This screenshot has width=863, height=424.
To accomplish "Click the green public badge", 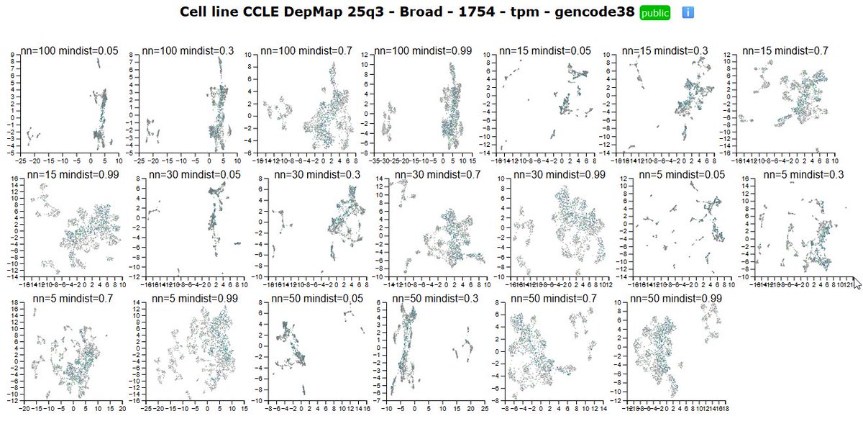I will [x=654, y=13].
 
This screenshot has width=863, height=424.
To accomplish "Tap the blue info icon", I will [x=687, y=13].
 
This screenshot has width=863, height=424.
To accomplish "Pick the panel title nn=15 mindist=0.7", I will [x=785, y=51].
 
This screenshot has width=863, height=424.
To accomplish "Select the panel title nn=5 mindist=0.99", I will [x=186, y=299].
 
